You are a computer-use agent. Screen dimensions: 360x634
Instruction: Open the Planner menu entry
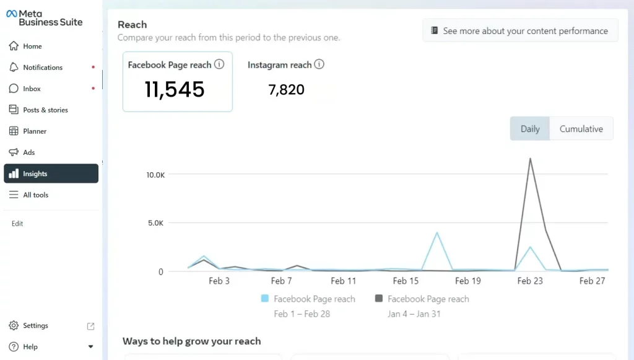point(35,131)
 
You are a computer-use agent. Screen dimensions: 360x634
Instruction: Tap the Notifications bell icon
point(14,68)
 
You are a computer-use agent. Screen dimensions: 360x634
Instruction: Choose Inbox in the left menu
point(32,89)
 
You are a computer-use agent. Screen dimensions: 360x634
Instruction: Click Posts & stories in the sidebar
point(45,110)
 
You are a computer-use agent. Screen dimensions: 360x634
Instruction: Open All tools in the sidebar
point(35,195)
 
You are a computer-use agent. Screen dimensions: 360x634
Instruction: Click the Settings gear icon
point(14,326)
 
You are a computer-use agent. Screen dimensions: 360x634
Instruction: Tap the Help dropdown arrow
point(90,347)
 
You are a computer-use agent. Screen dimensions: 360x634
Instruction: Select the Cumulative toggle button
point(581,129)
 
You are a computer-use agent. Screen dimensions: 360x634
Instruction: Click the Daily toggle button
point(530,129)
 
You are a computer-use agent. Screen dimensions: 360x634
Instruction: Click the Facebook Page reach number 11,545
point(175,89)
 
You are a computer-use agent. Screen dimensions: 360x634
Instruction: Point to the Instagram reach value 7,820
point(286,90)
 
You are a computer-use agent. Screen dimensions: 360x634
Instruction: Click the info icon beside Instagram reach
point(319,64)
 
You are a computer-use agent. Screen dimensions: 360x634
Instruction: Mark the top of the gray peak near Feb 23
point(530,159)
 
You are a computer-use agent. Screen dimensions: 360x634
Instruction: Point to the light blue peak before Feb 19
point(437,233)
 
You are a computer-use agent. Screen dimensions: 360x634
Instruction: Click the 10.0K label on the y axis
point(155,175)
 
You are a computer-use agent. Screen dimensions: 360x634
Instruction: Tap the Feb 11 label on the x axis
point(344,281)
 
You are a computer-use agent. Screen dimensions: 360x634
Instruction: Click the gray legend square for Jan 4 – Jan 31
point(379,299)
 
